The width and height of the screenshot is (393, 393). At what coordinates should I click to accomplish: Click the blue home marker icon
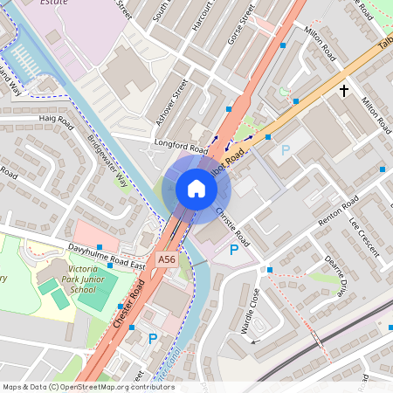pyautogui.click(x=196, y=189)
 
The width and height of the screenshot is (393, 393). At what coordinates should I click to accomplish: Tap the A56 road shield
pyautogui.click(x=167, y=259)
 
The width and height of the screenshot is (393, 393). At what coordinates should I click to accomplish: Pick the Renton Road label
pyautogui.click(x=338, y=212)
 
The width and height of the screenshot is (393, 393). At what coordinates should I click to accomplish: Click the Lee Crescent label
pyautogui.click(x=365, y=236)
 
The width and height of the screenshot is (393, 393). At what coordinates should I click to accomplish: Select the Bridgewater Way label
pyautogui.click(x=108, y=162)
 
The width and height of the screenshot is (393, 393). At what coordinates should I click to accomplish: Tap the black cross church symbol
pyautogui.click(x=344, y=91)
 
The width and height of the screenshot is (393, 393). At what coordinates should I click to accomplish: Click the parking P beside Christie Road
pyautogui.click(x=233, y=251)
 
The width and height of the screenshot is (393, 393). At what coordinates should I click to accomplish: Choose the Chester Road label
pyautogui.click(x=129, y=303)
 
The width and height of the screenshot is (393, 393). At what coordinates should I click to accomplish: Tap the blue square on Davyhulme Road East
pyautogui.click(x=99, y=248)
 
